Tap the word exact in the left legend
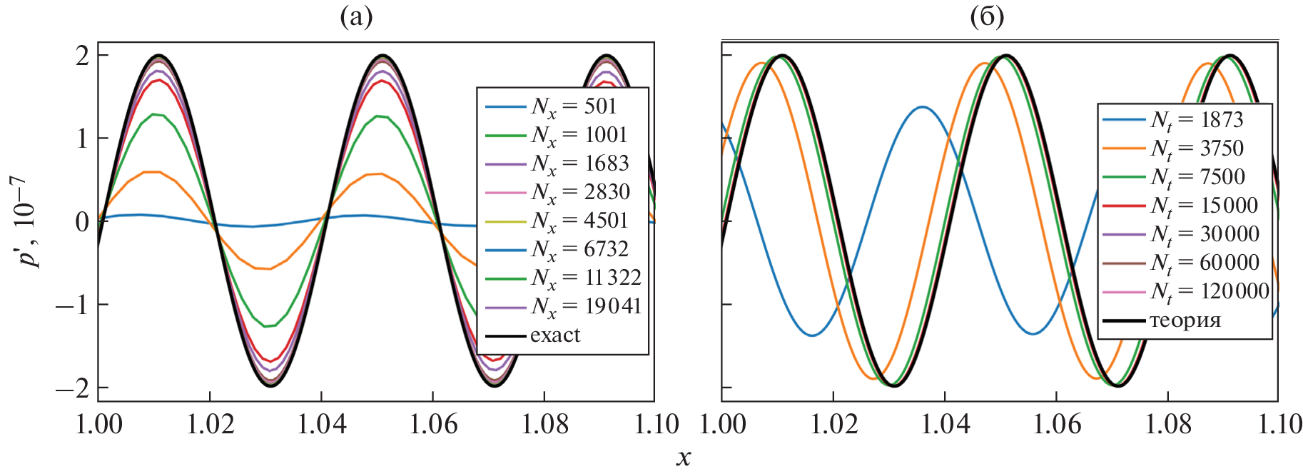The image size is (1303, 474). click(555, 336)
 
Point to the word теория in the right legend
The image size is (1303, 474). click(1185, 321)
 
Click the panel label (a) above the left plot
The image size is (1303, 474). click(356, 16)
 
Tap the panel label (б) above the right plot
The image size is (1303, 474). click(987, 16)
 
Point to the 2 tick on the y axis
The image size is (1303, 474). click(83, 55)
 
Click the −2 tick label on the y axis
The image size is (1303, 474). click(73, 388)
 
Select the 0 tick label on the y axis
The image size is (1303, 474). click(83, 221)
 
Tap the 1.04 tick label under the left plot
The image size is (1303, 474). click(321, 425)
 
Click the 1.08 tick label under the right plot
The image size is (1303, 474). click(1167, 425)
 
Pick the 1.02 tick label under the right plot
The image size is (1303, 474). click(833, 425)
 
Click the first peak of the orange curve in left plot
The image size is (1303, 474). click(153, 172)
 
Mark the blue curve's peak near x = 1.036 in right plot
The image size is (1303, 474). click(923, 107)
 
